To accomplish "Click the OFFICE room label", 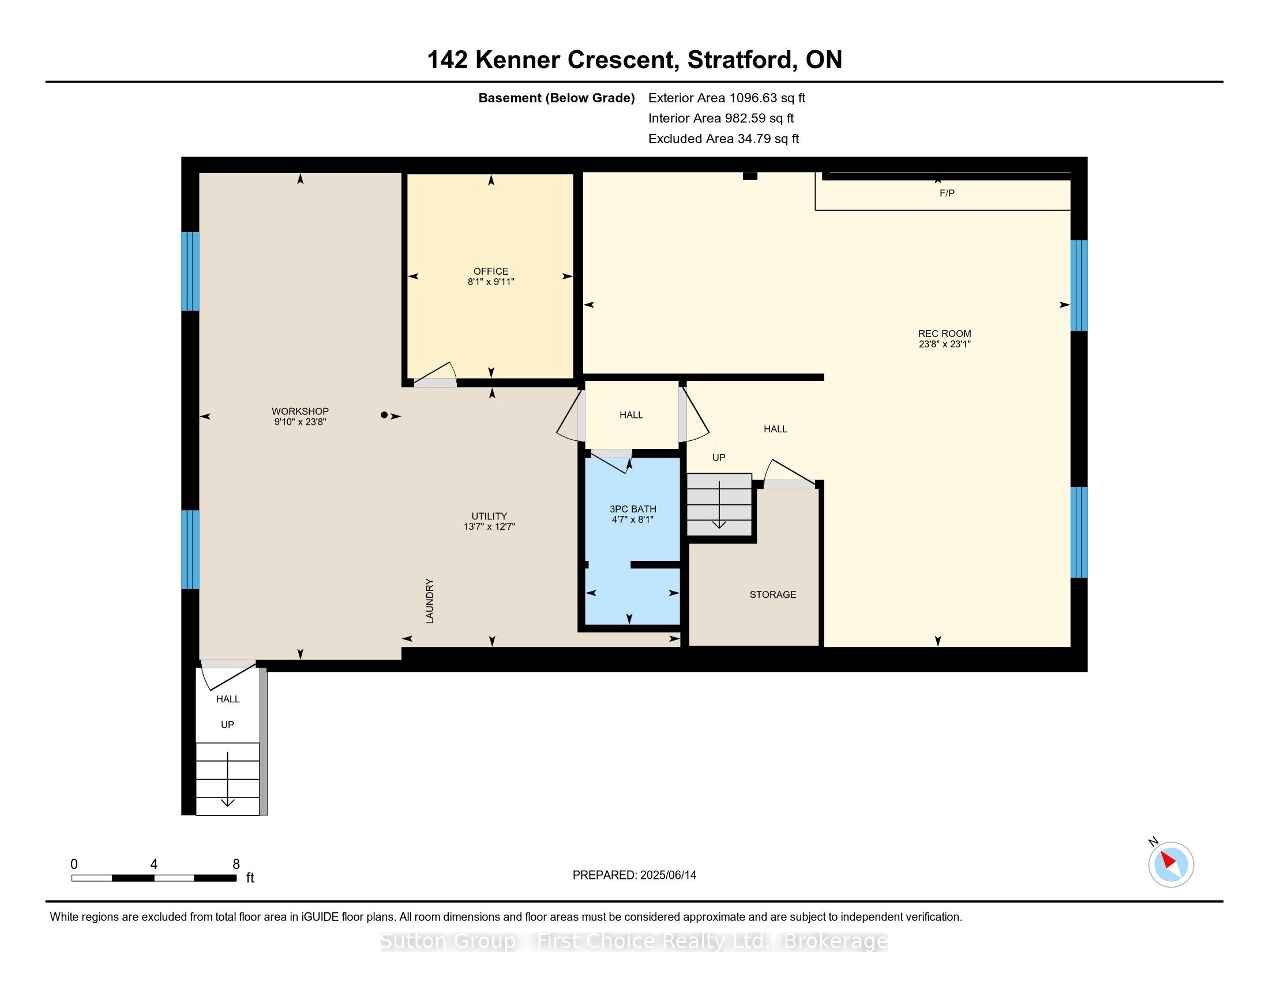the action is click(491, 271).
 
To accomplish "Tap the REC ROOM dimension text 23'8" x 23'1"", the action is click(945, 344).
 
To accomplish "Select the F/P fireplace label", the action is click(947, 193).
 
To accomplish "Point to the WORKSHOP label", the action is click(300, 411).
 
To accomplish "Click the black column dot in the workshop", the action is click(384, 415).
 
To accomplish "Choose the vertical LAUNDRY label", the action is click(430, 601).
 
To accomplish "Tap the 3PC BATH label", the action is click(633, 509).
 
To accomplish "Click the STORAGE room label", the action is click(773, 594).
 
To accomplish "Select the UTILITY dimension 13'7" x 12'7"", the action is click(489, 526).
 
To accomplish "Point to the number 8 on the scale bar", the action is click(236, 864).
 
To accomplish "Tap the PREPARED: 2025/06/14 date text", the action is click(634, 875).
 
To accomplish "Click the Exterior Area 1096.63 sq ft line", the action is click(727, 98).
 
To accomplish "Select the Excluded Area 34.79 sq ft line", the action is click(724, 138).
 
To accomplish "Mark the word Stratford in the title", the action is click(741, 60).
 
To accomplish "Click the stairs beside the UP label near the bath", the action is click(719, 504).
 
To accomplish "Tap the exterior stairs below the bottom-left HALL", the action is click(228, 779).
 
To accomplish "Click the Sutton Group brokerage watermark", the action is click(634, 941).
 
